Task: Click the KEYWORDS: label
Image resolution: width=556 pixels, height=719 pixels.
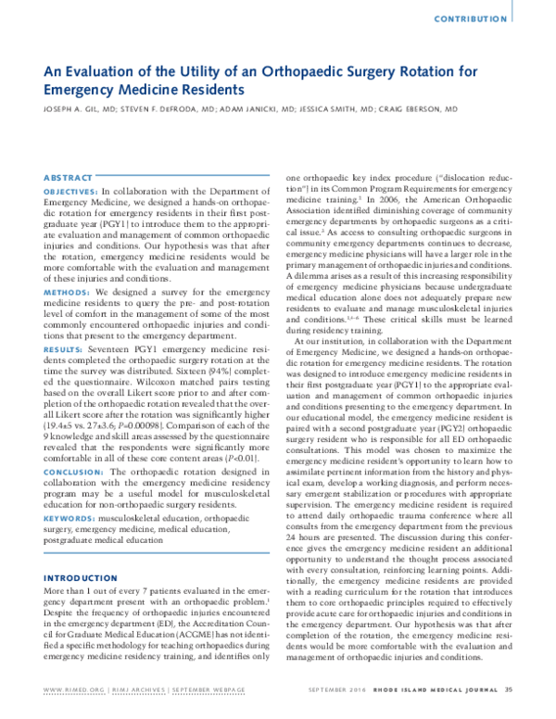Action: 70,518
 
